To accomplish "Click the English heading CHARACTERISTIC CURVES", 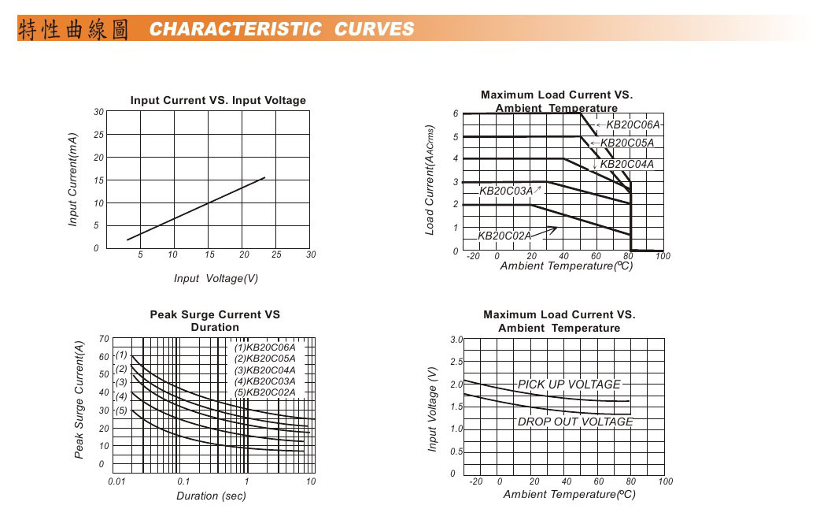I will pos(282,30).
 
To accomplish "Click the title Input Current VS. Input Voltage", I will pos(218,100).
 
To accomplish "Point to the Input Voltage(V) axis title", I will pos(216,278).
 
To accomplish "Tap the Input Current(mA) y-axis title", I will pos(73,180).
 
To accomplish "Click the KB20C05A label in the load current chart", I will pos(626,143).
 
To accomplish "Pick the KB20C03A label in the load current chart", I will pos(506,191).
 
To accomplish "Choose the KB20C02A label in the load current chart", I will pos(504,236).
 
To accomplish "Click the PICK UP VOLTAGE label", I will pos(569,385).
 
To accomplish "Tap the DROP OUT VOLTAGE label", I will pos(574,422).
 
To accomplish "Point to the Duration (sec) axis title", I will pos(211,496).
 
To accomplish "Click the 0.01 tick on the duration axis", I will pos(116,481).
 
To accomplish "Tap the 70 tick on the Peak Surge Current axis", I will pos(104,339).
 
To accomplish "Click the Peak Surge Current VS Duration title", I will pos(215,321).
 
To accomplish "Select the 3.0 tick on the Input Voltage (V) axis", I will pos(456,340).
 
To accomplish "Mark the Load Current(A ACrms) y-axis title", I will pos(430,180).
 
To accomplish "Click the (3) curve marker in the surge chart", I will pos(121,382).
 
